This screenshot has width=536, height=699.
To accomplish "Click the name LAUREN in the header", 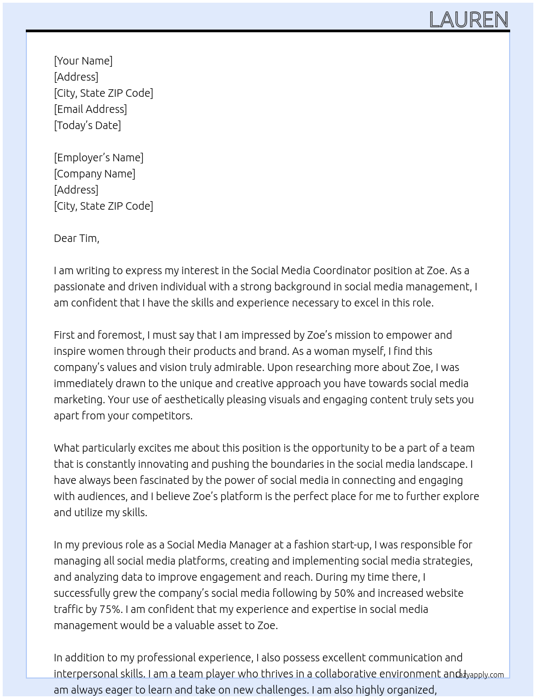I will click(x=469, y=20).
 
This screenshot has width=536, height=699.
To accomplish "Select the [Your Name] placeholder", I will click(x=83, y=61).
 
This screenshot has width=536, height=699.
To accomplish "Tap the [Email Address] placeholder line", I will click(x=90, y=109).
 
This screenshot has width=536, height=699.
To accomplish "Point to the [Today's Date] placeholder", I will click(x=87, y=125).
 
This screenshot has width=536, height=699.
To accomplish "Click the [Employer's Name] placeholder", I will click(x=98, y=158).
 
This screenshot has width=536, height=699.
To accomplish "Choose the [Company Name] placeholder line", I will click(x=95, y=174).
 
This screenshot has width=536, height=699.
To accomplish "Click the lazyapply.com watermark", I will click(x=480, y=675).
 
